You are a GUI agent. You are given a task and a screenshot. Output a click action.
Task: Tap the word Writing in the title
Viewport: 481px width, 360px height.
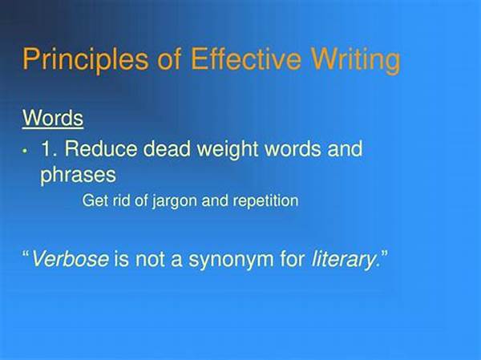pos(356,60)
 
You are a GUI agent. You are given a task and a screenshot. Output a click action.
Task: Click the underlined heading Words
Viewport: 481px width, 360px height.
pos(53,118)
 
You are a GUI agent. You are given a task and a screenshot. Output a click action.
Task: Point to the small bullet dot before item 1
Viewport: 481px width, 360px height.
pos(25,151)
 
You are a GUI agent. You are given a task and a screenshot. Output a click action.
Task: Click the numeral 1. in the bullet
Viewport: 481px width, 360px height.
pos(49,148)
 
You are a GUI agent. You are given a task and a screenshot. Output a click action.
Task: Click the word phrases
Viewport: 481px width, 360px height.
pos(79,176)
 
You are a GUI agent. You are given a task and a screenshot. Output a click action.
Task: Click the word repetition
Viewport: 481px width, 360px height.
pos(265,201)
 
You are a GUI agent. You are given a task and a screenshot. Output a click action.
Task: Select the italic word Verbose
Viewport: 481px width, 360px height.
pos(71,258)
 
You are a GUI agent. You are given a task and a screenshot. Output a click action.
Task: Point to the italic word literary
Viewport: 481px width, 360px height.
pos(344,260)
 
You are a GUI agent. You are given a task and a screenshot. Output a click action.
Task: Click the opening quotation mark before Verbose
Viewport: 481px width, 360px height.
pos(26,254)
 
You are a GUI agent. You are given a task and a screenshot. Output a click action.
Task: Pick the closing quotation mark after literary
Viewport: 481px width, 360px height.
pos(384,254)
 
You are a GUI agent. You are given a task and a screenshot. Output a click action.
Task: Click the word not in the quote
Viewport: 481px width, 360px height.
pos(149,259)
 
